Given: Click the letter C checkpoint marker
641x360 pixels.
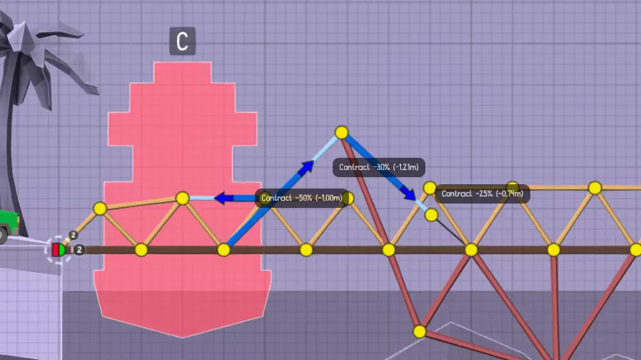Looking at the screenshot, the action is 182,41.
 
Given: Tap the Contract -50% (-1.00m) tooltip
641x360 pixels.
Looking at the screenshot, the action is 302,198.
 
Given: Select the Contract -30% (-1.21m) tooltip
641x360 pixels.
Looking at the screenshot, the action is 378,167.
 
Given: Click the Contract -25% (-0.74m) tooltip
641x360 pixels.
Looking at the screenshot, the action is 483,194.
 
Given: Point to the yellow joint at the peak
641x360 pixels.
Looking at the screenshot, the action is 341,133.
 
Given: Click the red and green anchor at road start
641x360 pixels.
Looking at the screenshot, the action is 59,249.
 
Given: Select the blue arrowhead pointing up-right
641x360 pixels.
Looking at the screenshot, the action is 306,168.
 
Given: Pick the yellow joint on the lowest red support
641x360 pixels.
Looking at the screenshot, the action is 420,331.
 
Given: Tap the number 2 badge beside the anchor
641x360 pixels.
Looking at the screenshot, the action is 79,249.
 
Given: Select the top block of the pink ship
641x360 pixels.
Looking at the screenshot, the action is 182,72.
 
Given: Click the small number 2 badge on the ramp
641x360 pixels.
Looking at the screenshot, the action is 73,235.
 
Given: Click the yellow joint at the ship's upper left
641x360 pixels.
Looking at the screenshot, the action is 100,209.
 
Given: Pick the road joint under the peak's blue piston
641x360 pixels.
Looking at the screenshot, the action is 223,249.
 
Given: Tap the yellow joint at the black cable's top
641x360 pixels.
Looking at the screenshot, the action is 431,215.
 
